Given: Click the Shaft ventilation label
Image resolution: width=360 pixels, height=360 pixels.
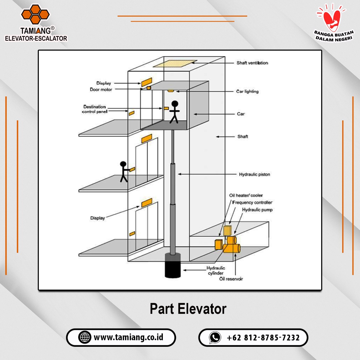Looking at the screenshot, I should point(252,63).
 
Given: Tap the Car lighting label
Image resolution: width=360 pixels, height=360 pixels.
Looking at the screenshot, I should point(247,91).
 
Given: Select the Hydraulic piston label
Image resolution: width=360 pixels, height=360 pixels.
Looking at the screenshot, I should point(254,174).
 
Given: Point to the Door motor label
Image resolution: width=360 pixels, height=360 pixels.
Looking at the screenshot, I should point(101,89).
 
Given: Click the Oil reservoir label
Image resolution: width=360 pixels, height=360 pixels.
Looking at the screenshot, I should point(231,279).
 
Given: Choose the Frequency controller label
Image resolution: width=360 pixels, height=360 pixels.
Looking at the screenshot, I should point(252,202).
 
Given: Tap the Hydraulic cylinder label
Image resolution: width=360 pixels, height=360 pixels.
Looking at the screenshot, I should point(216,270).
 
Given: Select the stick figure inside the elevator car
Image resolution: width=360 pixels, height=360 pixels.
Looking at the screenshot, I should point(174,112).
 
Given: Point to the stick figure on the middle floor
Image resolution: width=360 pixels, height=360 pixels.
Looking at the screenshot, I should point(123,171).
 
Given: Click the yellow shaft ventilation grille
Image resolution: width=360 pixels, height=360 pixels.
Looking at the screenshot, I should point(175,64).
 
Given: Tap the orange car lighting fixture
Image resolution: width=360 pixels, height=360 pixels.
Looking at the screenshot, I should point(171,91).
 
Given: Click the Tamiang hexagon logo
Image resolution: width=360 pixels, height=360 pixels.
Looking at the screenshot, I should point(35,14).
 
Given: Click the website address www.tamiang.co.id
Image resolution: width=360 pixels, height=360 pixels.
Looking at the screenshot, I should point(128,337).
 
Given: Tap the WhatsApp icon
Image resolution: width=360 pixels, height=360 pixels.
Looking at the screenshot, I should point(215,337).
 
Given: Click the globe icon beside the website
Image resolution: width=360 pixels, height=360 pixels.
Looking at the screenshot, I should point(85,337).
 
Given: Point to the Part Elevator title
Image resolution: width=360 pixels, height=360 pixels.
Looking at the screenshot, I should point(188,309).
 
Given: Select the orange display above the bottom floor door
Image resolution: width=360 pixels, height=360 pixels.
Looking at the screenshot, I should point(147,202).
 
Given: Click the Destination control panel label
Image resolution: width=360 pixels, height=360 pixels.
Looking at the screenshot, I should point(94,109).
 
